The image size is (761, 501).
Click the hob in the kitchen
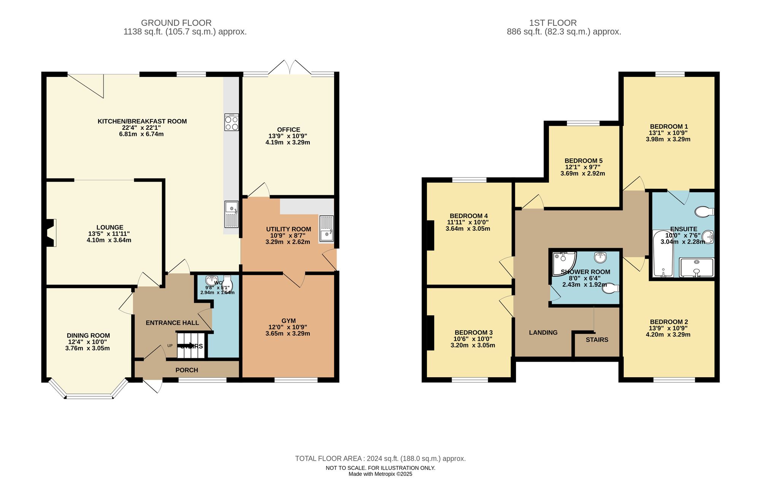pos(231,122)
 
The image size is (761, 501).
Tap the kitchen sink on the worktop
pos(231,214)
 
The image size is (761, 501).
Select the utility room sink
pos(326,229)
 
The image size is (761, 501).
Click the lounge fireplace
pos(50,233)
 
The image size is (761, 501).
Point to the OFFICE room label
pos(288,130)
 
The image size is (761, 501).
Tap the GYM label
pos(288,321)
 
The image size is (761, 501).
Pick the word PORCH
pos(186,370)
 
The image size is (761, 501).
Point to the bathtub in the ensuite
pos(663,253)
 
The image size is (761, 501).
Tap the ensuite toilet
pos(704,211)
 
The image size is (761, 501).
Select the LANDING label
pos(543,332)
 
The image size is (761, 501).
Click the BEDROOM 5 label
pos(583,161)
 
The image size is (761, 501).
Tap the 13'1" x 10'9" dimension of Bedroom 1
pos(668,133)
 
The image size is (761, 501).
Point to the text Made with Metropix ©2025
pos(380,474)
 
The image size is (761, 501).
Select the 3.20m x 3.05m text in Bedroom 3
pos(473,345)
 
